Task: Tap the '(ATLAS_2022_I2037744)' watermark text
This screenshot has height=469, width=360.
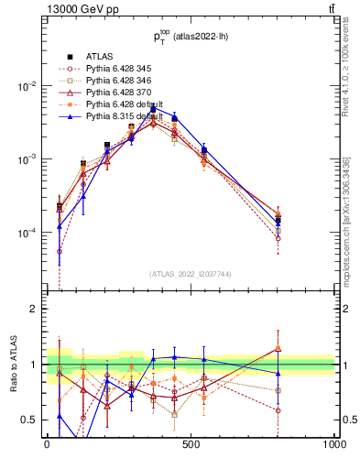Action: coord(191,274)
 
